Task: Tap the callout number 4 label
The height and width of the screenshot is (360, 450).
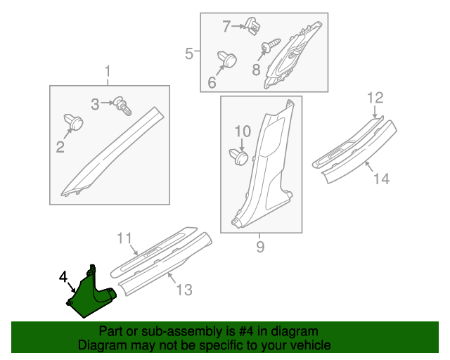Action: pyautogui.click(x=63, y=277)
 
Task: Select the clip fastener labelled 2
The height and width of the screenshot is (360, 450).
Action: pyautogui.click(x=74, y=122)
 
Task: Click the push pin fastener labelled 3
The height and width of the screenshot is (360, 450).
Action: pyautogui.click(x=123, y=105)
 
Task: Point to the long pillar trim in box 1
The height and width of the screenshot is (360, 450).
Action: pyautogui.click(x=113, y=152)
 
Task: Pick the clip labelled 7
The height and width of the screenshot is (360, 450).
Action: pyautogui.click(x=253, y=25)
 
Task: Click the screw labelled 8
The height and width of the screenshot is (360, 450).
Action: pyautogui.click(x=270, y=46)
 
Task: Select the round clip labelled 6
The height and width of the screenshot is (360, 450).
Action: pyautogui.click(x=227, y=59)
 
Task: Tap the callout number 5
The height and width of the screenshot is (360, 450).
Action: pyautogui.click(x=189, y=53)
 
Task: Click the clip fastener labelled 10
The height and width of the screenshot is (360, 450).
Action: pyautogui.click(x=239, y=157)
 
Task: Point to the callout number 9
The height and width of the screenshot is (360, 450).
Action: pyautogui.click(x=260, y=247)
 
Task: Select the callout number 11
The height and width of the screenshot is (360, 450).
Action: pyautogui.click(x=124, y=238)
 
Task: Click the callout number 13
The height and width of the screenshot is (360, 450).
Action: pyautogui.click(x=184, y=290)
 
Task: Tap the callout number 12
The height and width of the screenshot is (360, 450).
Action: pyautogui.click(x=375, y=98)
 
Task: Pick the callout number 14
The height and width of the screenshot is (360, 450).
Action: pyautogui.click(x=382, y=179)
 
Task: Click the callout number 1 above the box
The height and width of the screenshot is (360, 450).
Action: pyautogui.click(x=108, y=72)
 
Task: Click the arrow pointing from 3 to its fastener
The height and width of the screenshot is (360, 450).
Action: pyautogui.click(x=108, y=103)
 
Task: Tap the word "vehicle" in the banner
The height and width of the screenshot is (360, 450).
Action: pyautogui.click(x=313, y=345)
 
